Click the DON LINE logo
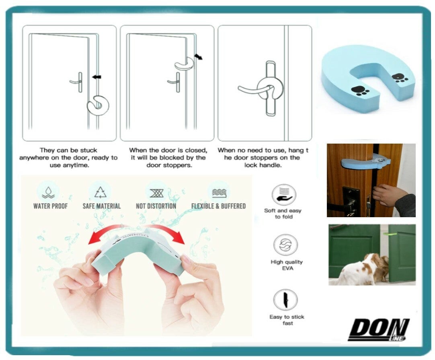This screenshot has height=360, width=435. (378, 330)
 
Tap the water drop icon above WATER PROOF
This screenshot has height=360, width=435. (48, 192)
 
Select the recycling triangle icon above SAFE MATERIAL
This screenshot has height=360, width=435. (101, 192)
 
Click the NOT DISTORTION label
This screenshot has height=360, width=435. (156, 206)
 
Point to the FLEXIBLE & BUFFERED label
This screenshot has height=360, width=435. (219, 206)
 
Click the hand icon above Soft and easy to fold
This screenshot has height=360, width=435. (283, 195)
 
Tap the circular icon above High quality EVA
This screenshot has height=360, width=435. (285, 245)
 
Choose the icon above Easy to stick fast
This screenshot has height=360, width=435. (285, 300)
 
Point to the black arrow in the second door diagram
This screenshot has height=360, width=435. (198, 56)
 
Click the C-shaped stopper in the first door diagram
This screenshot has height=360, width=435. (98, 106)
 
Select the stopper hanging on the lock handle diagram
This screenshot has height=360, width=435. (270, 89)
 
